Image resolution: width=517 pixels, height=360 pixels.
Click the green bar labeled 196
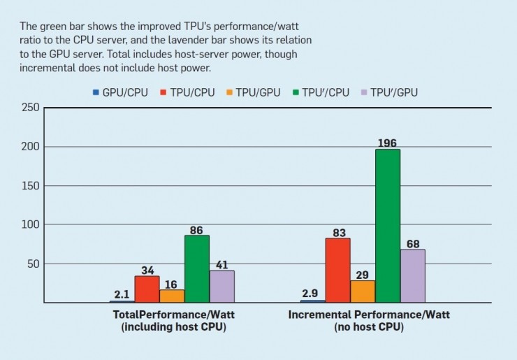(x=388, y=226)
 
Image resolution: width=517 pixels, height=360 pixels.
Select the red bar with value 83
(x=337, y=271)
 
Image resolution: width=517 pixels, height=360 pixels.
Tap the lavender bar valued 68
(x=412, y=276)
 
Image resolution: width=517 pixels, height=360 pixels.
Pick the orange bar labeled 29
(x=363, y=291)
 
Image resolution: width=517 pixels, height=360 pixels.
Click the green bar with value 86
(x=197, y=269)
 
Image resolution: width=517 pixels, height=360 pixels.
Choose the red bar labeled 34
(x=147, y=289)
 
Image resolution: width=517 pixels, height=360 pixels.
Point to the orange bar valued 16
(x=172, y=296)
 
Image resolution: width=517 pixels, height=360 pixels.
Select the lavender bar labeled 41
(x=222, y=287)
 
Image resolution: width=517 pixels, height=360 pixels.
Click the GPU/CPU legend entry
(x=120, y=92)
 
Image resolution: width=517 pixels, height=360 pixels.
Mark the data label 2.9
(x=311, y=294)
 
